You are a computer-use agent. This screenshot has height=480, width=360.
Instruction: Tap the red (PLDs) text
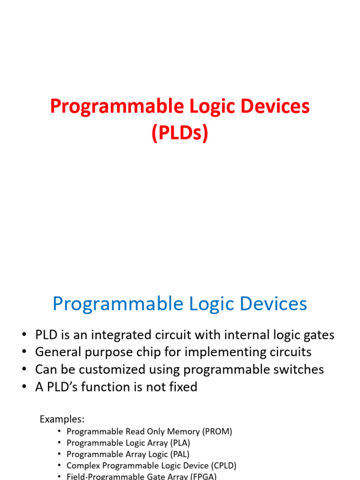coord(180,133)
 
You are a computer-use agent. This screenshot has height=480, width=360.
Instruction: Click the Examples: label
coord(62,419)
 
